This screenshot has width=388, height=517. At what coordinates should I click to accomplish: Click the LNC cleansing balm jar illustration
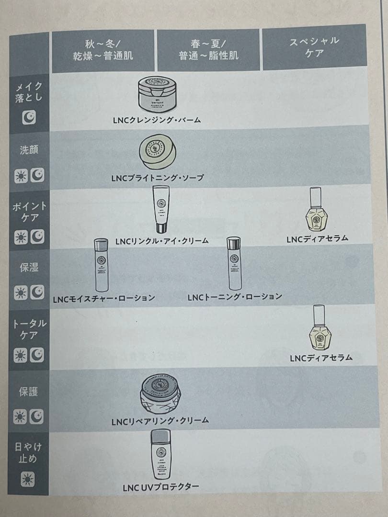(156, 95)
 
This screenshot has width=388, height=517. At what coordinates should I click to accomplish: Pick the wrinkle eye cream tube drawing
(160, 209)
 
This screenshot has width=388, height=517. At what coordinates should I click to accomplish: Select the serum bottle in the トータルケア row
(321, 329)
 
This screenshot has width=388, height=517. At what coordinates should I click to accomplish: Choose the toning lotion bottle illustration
(233, 264)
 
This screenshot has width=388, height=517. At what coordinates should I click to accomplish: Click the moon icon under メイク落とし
(29, 118)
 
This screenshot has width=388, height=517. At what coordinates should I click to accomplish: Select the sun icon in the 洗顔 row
(21, 177)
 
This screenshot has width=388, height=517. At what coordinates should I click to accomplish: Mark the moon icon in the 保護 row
(37, 417)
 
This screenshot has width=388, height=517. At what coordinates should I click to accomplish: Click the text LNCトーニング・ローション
(235, 297)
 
